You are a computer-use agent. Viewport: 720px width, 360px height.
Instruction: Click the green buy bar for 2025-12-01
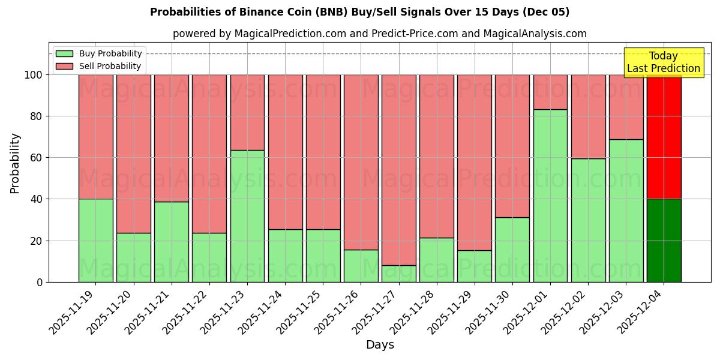(x=550, y=196)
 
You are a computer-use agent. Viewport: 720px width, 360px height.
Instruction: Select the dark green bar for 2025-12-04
(x=664, y=241)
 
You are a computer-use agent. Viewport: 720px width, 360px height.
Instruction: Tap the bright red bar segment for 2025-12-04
(x=664, y=137)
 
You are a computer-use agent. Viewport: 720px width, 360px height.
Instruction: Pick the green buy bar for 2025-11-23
(x=247, y=216)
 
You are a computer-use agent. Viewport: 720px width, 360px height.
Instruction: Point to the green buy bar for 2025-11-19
(x=95, y=241)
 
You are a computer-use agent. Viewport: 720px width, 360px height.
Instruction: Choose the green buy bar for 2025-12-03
(x=626, y=211)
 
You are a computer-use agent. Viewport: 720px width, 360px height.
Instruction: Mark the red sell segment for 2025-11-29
(x=474, y=162)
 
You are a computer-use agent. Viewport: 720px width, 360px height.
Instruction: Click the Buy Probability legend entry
(x=98, y=53)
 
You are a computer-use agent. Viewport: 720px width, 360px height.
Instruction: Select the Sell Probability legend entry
(x=98, y=66)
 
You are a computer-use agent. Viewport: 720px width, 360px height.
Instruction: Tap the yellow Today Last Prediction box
(x=664, y=62)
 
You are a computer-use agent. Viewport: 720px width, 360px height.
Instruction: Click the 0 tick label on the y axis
(x=40, y=282)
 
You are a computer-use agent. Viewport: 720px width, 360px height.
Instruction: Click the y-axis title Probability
(x=15, y=163)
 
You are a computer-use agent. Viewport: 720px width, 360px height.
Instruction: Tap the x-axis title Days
(x=380, y=345)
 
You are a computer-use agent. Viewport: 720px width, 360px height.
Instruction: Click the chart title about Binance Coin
(x=359, y=12)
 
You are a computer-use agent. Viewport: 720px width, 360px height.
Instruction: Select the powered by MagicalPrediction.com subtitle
(x=379, y=34)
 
